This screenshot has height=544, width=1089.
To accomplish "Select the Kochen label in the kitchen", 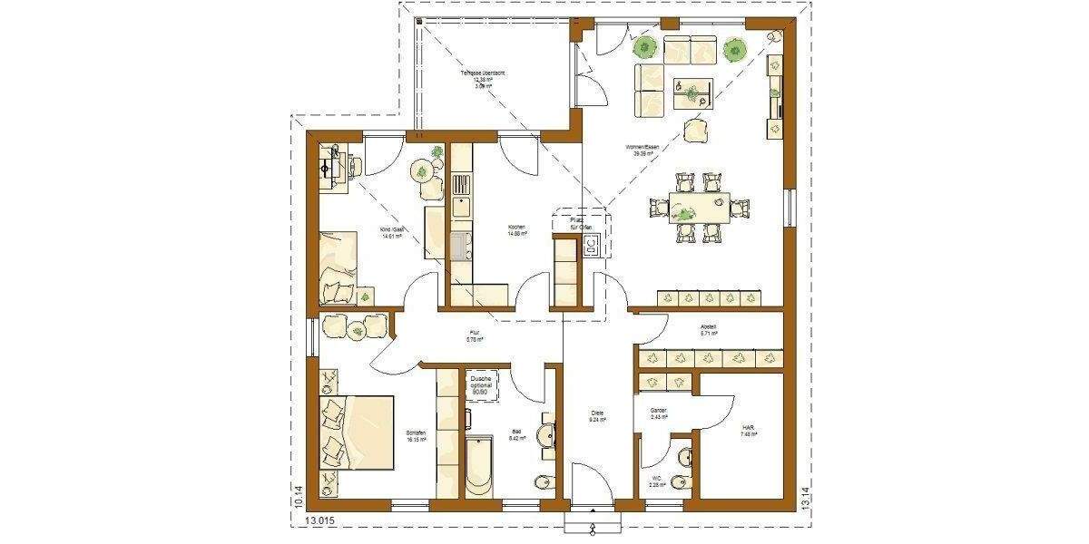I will pyautogui.click(x=517, y=229).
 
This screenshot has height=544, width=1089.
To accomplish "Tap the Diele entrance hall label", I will pyautogui.click(x=596, y=416).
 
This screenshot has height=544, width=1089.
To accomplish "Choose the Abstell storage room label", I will pyautogui.click(x=709, y=329).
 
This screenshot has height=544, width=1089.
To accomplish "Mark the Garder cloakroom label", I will pyautogui.click(x=658, y=414).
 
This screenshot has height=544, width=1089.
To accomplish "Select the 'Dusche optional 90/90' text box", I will pyautogui.click(x=481, y=385).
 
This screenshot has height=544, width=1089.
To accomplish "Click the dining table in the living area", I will pyautogui.click(x=700, y=207).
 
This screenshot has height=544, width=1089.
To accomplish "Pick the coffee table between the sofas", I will pyautogui.click(x=692, y=91).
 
